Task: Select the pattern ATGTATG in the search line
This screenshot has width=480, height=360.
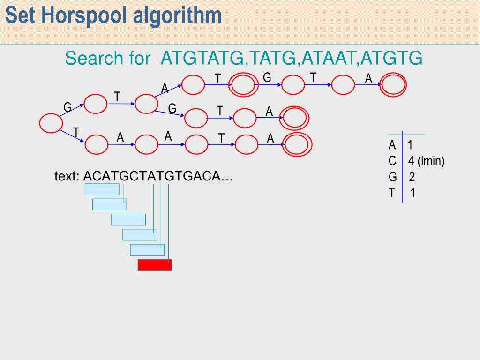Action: pos(202,59)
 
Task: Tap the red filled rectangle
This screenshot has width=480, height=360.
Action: pos(155,265)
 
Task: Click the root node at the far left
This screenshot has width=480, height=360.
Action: pos(51,123)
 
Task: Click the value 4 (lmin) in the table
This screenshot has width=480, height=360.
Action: pos(426,162)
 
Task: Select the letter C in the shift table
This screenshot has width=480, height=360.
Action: pos(392,162)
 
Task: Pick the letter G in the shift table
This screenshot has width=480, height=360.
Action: pos(393,177)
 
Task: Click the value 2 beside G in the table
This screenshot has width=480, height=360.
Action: pos(412,177)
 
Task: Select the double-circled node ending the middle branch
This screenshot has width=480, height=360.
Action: pos(295,118)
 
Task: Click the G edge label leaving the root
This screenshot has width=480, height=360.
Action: pos(67,108)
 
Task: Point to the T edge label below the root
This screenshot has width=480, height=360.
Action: pos(75,132)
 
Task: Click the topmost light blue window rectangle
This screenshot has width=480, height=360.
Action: pos(102,189)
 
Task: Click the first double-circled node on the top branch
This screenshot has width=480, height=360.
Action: pos(245,85)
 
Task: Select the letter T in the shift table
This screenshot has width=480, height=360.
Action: pos(392,193)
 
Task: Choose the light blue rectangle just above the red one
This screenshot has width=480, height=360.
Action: pos(147,250)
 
